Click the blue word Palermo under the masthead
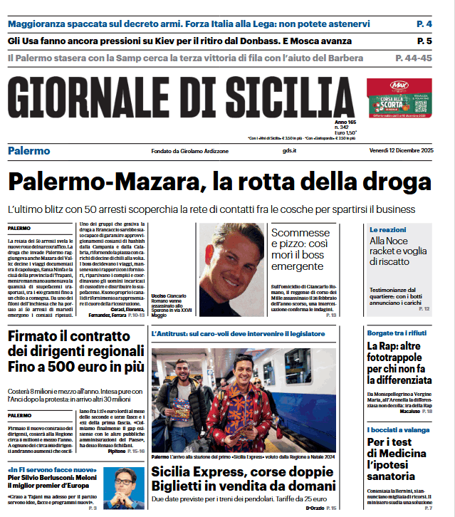(29, 151)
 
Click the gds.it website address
(288, 151)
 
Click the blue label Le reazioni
(388, 230)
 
